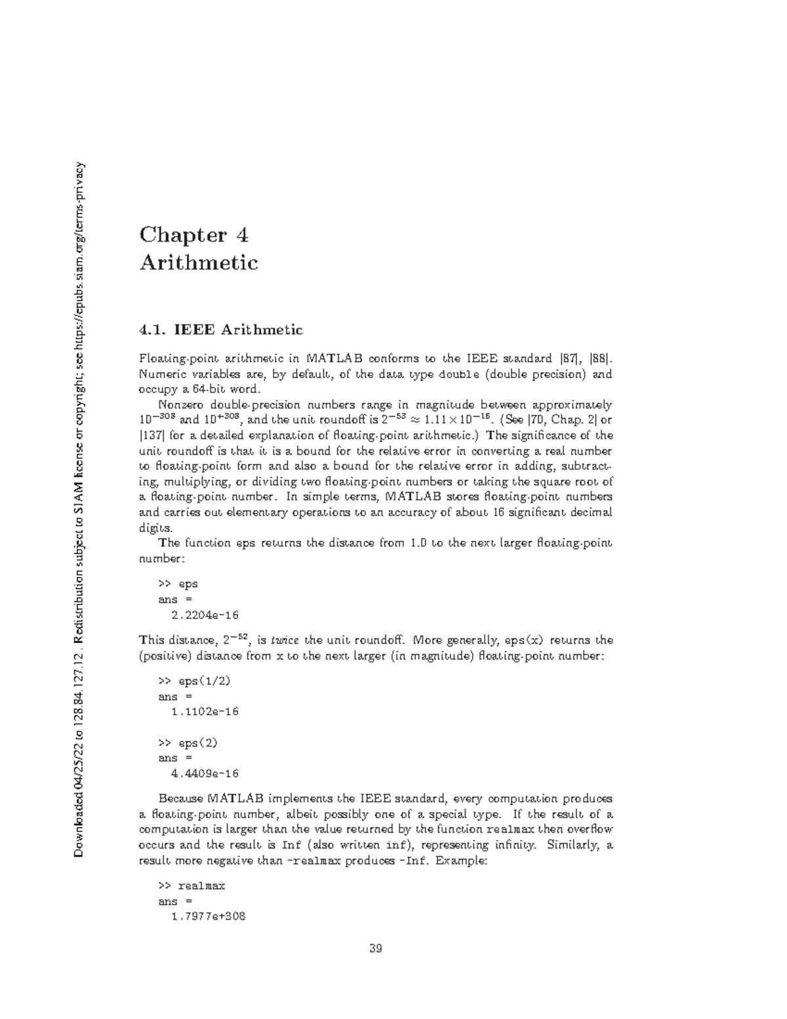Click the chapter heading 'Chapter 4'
click(x=194, y=234)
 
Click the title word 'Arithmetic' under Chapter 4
click(x=199, y=263)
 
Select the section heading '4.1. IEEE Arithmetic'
click(x=220, y=329)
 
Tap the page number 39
click(x=376, y=948)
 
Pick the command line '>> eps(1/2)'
click(x=194, y=681)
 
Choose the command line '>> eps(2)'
click(x=188, y=743)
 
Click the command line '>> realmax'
click(x=192, y=886)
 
